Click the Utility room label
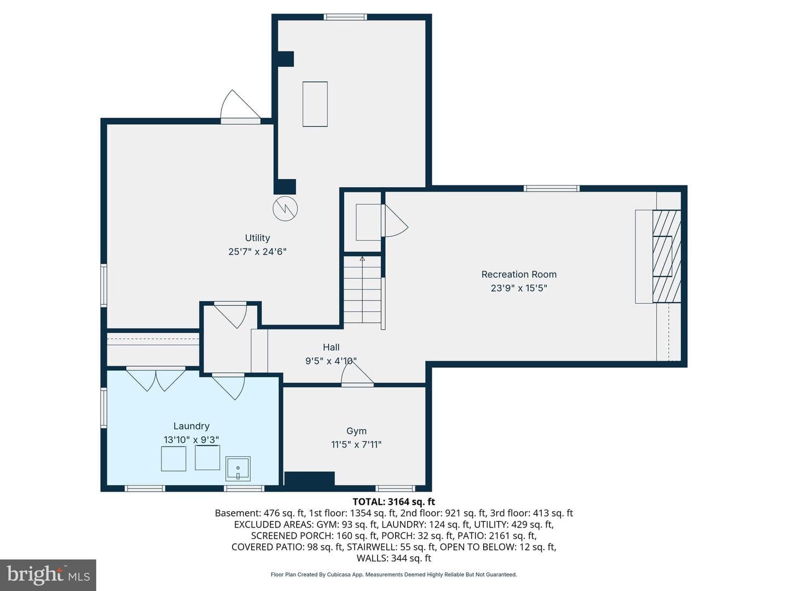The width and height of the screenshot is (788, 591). (257, 238)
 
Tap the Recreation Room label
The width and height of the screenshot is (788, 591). (519, 275)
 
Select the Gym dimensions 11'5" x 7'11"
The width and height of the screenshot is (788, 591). (356, 444)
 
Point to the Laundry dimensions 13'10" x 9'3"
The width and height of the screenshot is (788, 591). (192, 439)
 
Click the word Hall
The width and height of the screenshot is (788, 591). (331, 347)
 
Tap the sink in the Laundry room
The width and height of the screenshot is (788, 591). (238, 468)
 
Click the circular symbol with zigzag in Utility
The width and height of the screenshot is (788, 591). (285, 208)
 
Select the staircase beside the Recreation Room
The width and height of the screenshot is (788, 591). (363, 290)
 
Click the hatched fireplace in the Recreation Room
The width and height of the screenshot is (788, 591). (667, 257)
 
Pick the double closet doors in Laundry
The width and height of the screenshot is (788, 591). (156, 378)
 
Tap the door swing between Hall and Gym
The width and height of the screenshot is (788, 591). (357, 374)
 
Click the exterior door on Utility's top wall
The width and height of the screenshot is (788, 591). (240, 106)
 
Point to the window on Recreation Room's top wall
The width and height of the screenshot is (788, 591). (552, 188)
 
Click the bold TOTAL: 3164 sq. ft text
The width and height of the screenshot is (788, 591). (394, 502)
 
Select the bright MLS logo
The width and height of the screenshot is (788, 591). (48, 575)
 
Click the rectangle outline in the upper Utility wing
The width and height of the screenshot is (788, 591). (315, 104)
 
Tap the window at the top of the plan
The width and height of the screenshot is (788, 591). (345, 17)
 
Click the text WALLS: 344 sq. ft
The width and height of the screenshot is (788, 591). (394, 558)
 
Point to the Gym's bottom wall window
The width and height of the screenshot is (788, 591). (395, 488)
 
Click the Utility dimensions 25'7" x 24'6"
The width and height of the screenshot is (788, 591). (257, 252)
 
